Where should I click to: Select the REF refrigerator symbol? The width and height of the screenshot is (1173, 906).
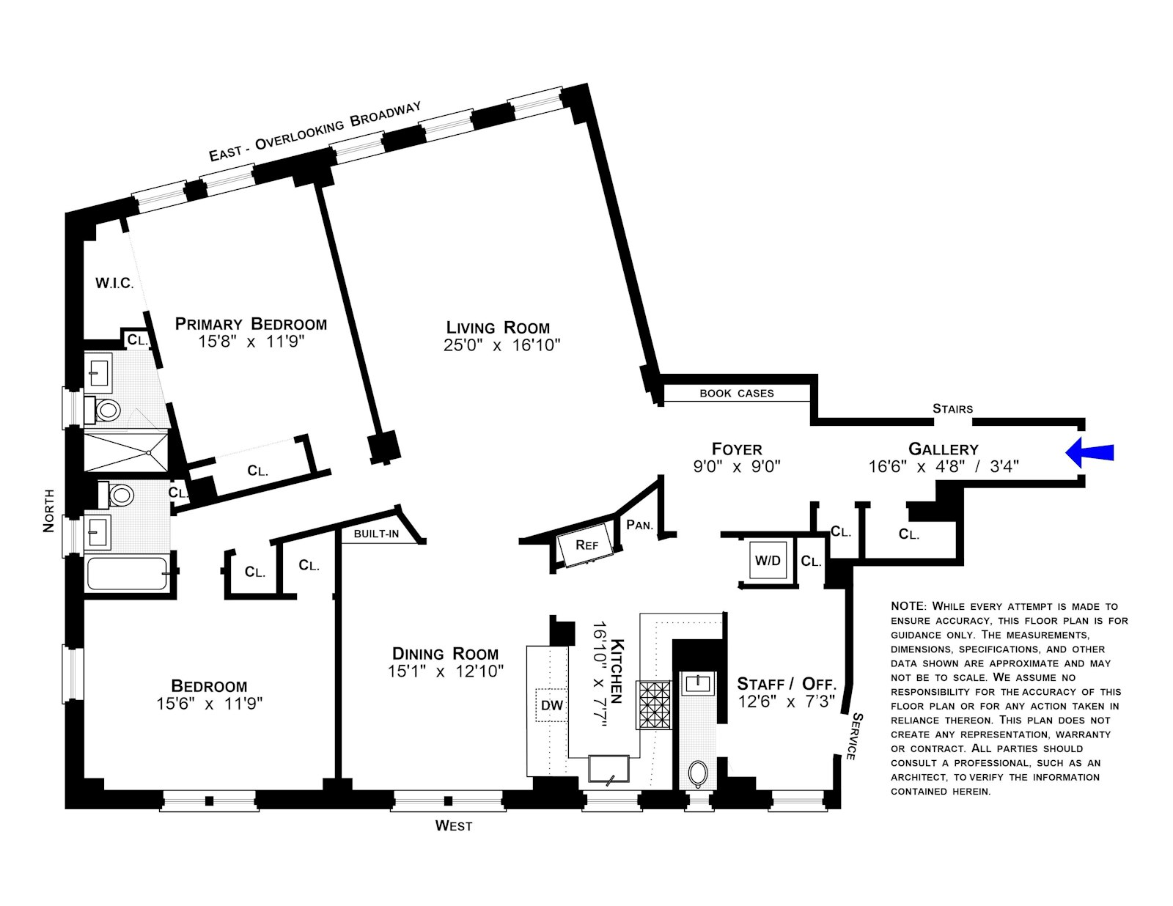click(x=586, y=545)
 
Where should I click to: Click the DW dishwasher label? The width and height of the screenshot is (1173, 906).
click(x=551, y=705)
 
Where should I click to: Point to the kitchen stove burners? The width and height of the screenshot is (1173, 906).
click(x=653, y=705)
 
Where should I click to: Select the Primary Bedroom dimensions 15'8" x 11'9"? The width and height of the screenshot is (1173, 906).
click(x=251, y=342)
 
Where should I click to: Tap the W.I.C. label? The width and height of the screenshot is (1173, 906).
click(x=114, y=283)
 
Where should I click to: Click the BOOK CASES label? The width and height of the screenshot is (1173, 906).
click(x=736, y=394)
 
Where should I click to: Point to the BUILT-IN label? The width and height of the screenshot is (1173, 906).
click(x=376, y=534)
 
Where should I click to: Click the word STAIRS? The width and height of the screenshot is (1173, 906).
click(x=952, y=409)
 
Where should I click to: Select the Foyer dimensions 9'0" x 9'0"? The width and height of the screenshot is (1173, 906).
click(x=737, y=466)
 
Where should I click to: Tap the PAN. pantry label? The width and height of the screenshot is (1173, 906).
click(x=639, y=525)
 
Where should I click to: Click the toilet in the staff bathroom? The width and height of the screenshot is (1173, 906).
click(x=697, y=773)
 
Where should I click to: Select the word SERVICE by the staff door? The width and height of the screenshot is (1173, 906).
click(x=854, y=736)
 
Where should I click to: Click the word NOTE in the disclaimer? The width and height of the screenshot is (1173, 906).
click(x=908, y=607)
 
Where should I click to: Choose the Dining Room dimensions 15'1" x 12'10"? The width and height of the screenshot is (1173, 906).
click(x=446, y=671)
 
